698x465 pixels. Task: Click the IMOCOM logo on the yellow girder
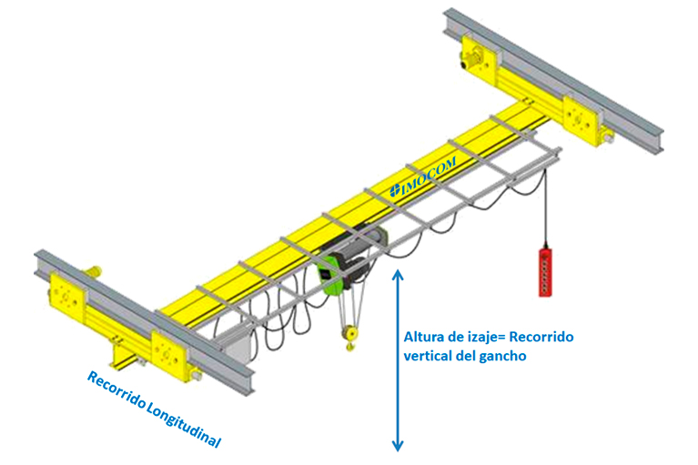pos(422,174)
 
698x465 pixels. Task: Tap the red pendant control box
pos(547,269)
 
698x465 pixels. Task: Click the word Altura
pos(423,338)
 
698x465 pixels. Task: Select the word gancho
pos(504,357)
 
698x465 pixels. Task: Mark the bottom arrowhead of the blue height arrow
pos(397,445)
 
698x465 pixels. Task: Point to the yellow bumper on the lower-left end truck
pos(92,269)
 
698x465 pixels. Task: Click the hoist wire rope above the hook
pos(347,314)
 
